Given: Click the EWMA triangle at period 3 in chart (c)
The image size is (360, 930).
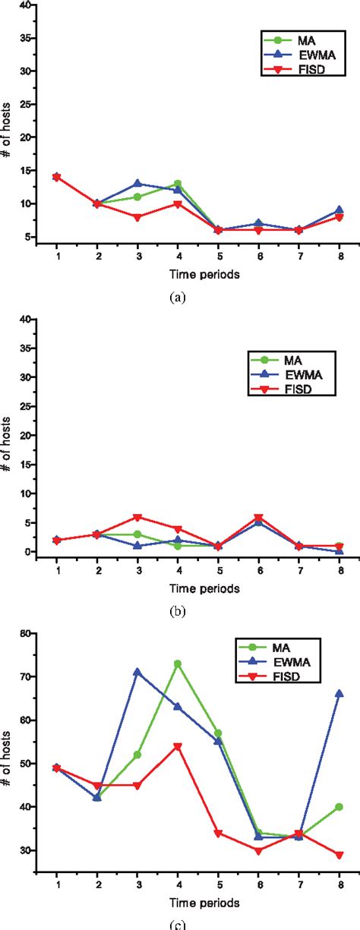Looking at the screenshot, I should point(138,672).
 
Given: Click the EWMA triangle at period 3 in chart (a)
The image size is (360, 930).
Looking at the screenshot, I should point(138,183).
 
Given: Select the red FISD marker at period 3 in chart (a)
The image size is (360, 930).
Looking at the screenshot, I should point(138,217).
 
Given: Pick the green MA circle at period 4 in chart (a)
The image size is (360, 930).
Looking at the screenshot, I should point(178,183).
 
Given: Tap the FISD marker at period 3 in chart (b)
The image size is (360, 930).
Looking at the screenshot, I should point(138,517).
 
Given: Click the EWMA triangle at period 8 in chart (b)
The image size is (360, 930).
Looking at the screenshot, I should point(339,551).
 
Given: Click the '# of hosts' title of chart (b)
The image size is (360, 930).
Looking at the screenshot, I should point(8,436).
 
